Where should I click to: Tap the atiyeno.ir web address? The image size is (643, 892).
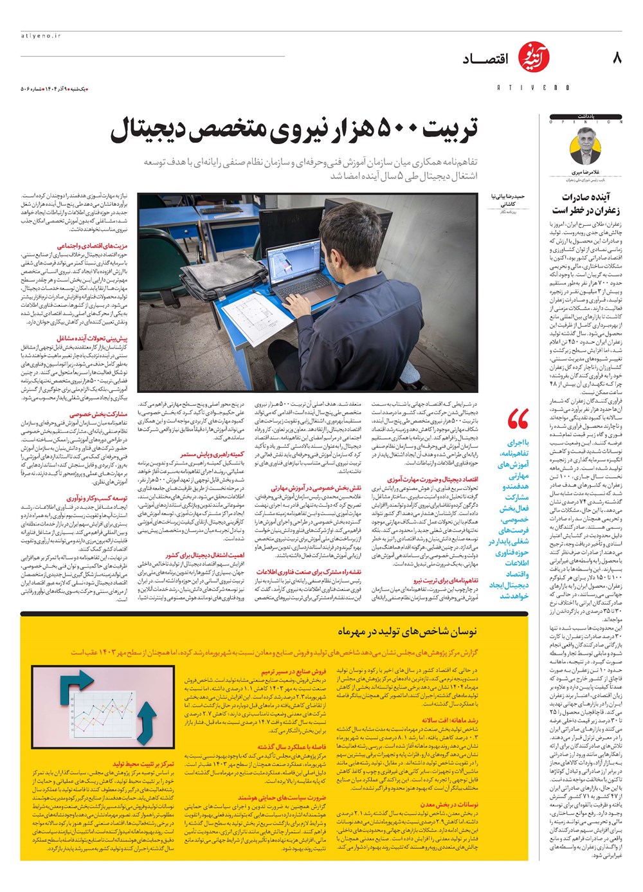[40, 37]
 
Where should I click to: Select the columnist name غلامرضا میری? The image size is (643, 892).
[585, 173]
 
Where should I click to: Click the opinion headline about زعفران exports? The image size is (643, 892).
[586, 203]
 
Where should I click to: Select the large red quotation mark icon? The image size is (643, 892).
[518, 419]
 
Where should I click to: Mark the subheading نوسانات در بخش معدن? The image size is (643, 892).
[449, 804]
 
